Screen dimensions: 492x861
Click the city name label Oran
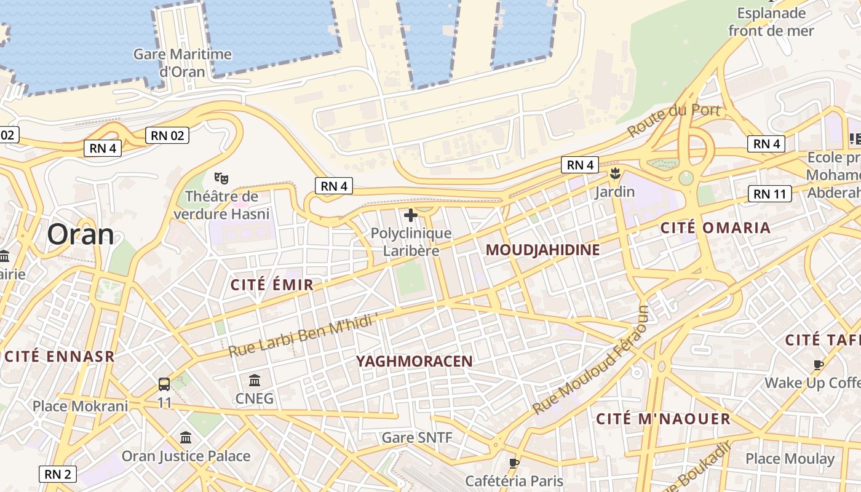click(81, 234)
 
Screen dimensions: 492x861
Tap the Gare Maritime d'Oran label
click(183, 62)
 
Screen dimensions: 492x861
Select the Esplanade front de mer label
click(771, 22)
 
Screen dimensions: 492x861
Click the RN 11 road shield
click(770, 194)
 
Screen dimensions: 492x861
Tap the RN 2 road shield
click(58, 474)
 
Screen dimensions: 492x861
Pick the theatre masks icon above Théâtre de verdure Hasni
click(221, 179)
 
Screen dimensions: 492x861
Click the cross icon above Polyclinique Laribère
click(411, 215)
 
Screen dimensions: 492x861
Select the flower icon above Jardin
click(614, 173)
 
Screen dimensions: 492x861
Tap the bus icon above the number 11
click(164, 384)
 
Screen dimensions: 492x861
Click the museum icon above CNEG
click(255, 380)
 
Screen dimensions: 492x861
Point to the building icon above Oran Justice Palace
click(186, 437)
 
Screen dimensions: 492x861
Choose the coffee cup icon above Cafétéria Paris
click(514, 462)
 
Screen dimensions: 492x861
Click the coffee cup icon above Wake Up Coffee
click(818, 365)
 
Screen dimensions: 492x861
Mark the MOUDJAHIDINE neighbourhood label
click(542, 250)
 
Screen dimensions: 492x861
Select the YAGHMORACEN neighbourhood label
click(415, 362)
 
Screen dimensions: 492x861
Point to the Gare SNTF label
click(417, 438)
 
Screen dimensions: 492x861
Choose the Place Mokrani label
click(81, 406)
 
